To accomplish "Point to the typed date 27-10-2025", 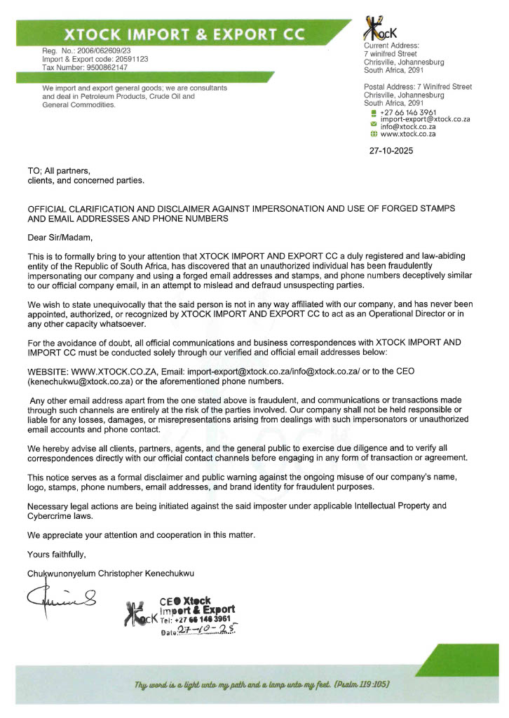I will click(x=391, y=150).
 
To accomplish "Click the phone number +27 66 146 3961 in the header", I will click(x=408, y=112).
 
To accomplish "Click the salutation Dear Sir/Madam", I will click(x=60, y=238).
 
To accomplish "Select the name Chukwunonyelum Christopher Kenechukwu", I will click(x=110, y=574).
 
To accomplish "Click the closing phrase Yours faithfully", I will click(x=56, y=555).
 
